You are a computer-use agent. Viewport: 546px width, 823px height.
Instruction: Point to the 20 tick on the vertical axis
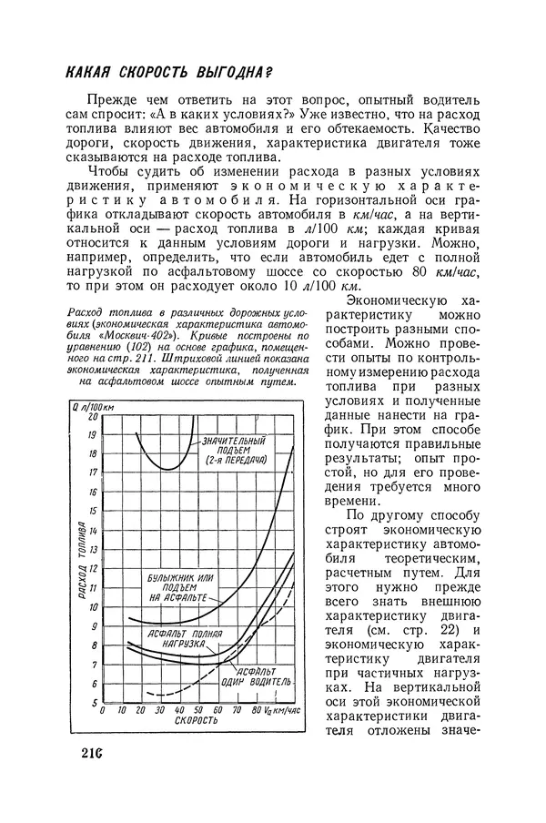91,414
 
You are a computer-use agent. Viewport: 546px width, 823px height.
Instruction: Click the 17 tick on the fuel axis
91,472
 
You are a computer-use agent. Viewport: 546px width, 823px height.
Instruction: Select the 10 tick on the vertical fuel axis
91,606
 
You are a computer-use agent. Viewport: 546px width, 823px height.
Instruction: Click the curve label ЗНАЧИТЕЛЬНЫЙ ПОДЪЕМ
234,443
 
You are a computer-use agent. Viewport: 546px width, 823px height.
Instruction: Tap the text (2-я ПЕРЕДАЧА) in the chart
235,460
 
